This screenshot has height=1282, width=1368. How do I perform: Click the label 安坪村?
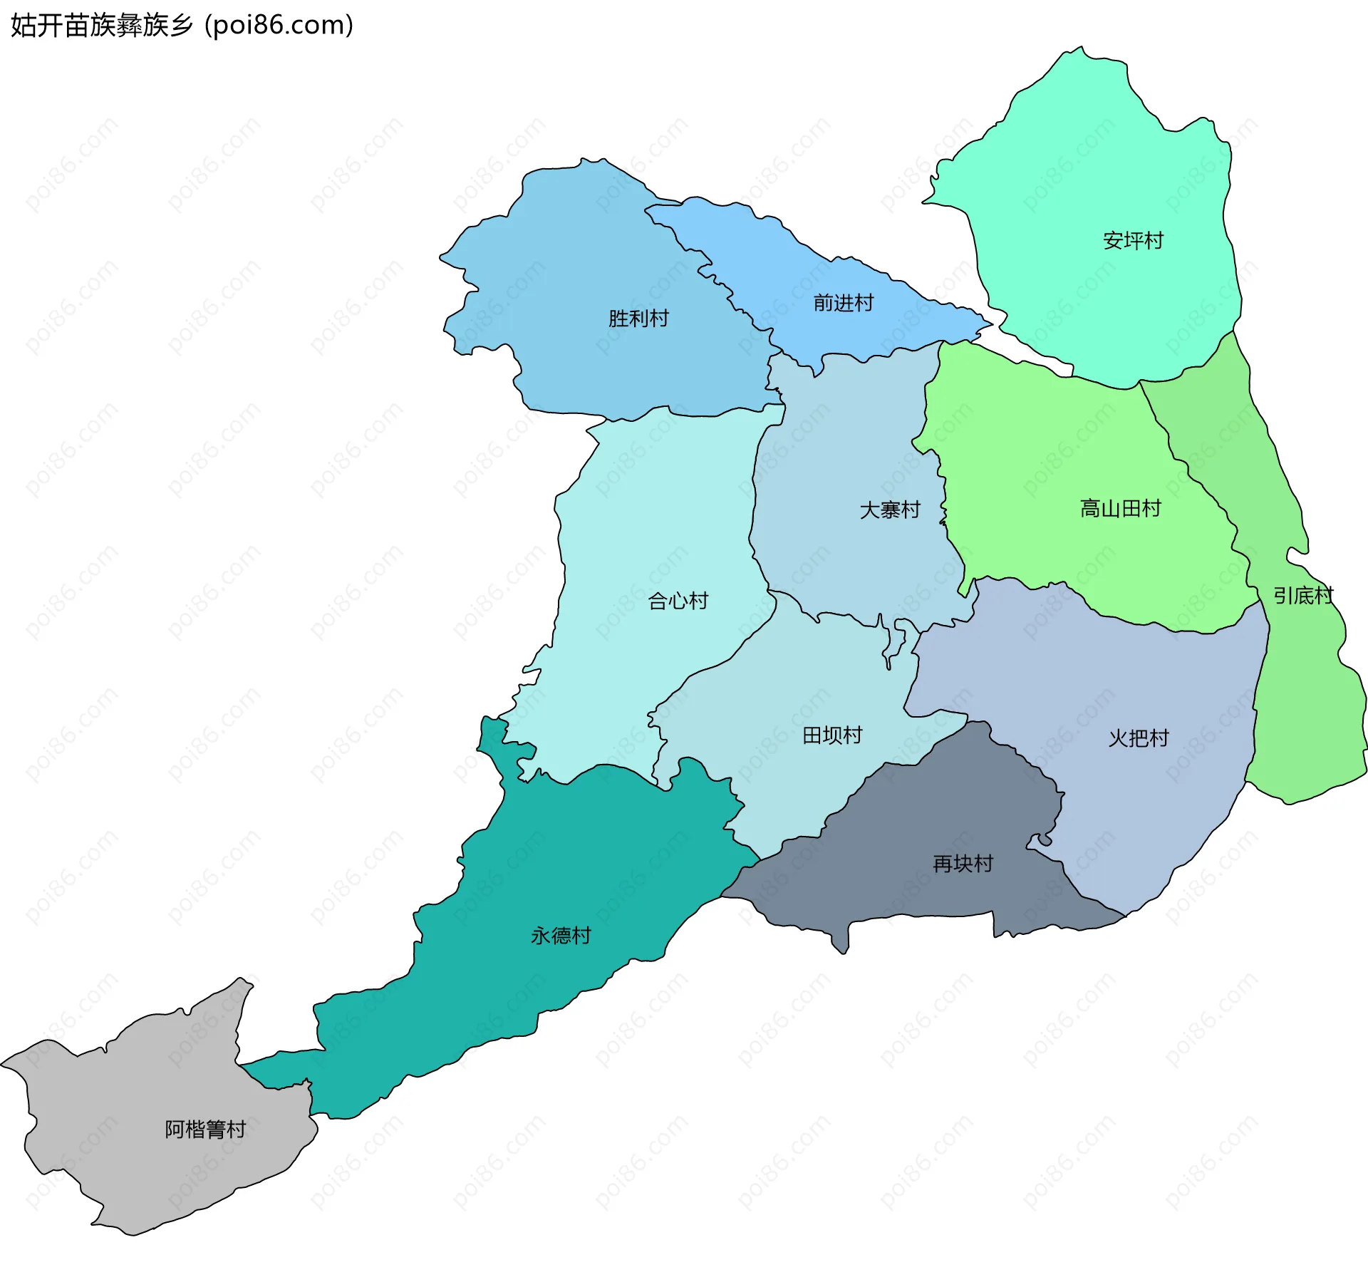tap(1132, 240)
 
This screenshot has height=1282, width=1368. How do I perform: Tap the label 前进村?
tap(843, 303)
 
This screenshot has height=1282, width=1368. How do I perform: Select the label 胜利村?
tap(638, 319)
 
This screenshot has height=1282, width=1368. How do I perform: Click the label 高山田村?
tap(1120, 508)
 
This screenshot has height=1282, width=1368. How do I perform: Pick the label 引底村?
tap(1303, 595)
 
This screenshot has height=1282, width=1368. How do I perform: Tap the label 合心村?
tap(678, 601)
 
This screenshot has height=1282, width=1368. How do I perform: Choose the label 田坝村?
tap(831, 735)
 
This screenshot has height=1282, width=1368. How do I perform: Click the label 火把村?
tap(1138, 738)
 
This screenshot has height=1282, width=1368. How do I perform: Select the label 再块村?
tap(963, 864)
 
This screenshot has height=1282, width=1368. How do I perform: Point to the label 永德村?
tap(561, 935)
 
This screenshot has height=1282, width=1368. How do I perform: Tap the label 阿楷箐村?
tap(205, 1129)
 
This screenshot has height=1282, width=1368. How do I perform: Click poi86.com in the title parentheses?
tap(279, 25)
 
